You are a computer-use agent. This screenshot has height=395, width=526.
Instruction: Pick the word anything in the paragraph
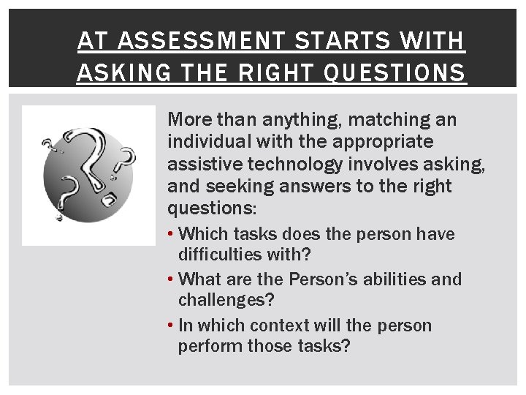point(298,118)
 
